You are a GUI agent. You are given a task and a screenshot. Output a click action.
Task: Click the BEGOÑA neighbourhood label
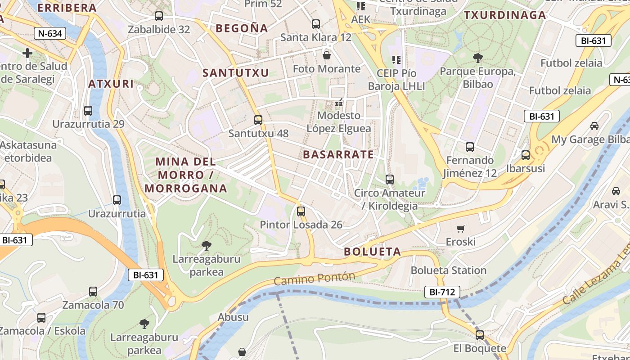242,28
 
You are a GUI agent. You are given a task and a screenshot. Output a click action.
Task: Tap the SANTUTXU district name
235,73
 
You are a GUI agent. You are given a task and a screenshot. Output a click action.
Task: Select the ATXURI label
111,84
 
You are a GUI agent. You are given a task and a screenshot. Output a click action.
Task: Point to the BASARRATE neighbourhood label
338,155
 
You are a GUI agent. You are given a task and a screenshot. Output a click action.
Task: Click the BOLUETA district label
372,252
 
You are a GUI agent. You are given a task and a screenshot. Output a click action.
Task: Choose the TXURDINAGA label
505,15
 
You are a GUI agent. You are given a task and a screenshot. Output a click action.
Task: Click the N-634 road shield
50,33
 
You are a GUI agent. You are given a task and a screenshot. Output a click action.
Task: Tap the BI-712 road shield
442,292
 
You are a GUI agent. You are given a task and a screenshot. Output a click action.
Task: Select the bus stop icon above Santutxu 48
258,120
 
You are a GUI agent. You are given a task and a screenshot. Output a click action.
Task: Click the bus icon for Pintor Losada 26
301,211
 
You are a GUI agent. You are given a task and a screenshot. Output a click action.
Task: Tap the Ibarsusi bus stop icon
525,155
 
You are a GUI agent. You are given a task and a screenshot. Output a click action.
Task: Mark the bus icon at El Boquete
480,335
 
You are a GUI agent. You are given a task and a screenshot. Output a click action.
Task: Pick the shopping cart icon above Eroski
460,229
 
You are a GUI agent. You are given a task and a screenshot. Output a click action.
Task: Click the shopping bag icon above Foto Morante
327,55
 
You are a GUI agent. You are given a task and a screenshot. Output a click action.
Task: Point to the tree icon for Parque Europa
477,58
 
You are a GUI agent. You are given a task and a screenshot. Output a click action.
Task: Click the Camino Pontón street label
314,279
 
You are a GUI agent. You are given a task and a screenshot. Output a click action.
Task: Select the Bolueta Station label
449,270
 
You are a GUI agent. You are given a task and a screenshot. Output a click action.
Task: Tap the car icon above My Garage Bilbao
594,126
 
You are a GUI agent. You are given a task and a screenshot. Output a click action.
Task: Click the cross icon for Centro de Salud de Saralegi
27,53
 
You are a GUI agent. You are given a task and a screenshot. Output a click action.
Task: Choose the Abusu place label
233,317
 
